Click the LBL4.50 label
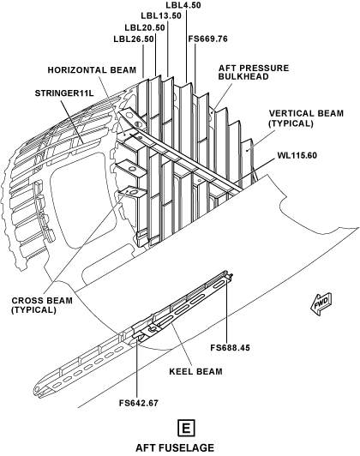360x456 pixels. point(183,5)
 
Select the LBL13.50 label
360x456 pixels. point(161,16)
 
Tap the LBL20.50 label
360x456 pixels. point(145,28)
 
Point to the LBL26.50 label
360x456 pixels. point(134,39)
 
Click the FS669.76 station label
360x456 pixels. point(208,39)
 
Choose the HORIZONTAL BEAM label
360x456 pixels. point(92,70)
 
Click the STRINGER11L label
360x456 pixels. point(64,93)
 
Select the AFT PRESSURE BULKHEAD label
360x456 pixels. point(254,72)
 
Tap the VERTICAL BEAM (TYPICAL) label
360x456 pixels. point(306,118)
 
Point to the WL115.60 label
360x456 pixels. point(297,155)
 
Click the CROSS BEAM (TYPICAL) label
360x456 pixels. point(42,305)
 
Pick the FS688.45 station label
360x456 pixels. point(230,347)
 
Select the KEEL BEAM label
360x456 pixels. point(195,372)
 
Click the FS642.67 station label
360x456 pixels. point(139,403)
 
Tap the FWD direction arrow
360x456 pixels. point(321,304)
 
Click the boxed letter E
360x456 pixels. point(186,429)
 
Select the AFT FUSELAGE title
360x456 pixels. point(175,447)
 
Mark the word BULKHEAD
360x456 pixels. point(243,76)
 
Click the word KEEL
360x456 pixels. point(181,372)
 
